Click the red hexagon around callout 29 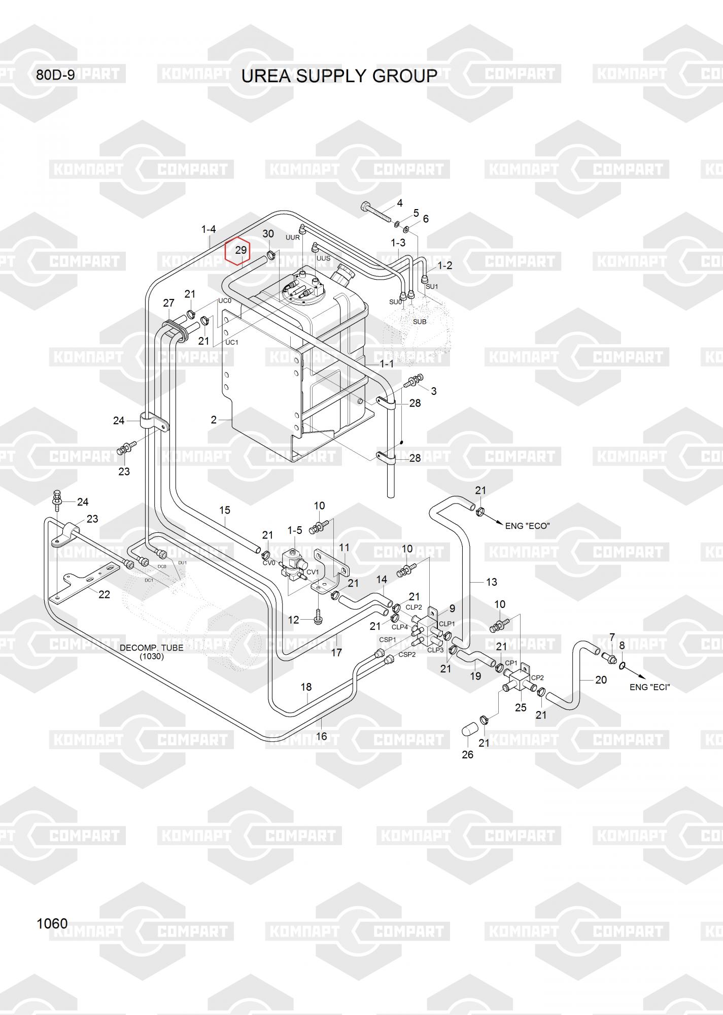[238, 252]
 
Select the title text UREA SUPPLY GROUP [339, 76]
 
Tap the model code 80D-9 [55, 75]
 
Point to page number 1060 [52, 923]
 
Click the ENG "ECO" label [527, 526]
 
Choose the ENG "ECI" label [649, 687]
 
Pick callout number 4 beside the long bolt [400, 203]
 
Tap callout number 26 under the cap [467, 755]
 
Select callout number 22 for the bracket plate [104, 594]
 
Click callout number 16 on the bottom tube [321, 736]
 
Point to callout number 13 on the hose [491, 582]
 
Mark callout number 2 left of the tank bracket [214, 420]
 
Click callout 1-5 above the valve [294, 530]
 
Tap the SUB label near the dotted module [420, 322]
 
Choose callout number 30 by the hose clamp [268, 233]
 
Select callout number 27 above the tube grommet [168, 303]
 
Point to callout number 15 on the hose [224, 510]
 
